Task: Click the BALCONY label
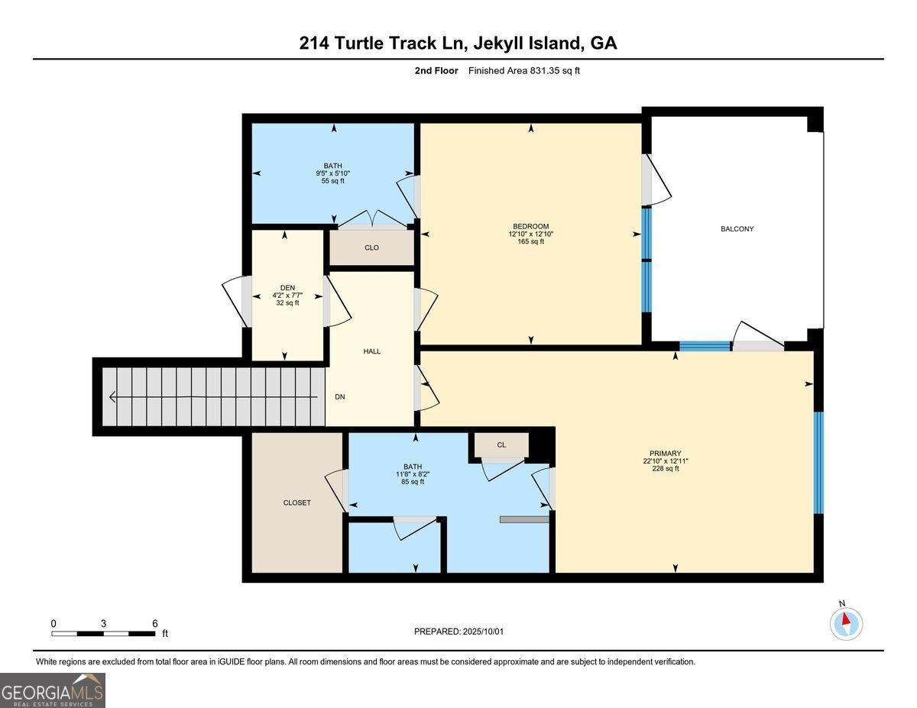click(x=737, y=229)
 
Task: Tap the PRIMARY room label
click(x=661, y=453)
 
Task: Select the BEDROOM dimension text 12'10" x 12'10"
click(x=530, y=234)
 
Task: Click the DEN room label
click(x=287, y=288)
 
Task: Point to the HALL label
click(x=371, y=351)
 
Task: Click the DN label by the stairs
click(x=340, y=397)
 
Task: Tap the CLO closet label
click(x=371, y=247)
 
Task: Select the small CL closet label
click(x=501, y=445)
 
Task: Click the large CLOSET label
click(x=296, y=503)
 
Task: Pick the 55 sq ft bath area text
click(x=332, y=181)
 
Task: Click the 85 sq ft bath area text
click(x=412, y=482)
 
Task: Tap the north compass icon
click(x=846, y=623)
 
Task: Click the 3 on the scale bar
click(x=103, y=623)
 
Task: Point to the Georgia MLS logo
click(x=53, y=690)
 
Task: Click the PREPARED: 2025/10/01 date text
click(x=458, y=632)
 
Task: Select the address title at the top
click(x=458, y=44)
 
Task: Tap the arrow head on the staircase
click(x=113, y=397)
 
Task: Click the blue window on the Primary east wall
click(x=818, y=462)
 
